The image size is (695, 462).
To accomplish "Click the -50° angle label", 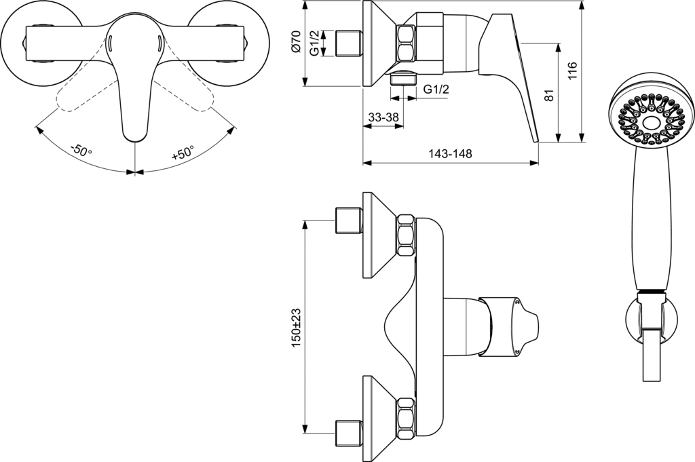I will tap(81, 150).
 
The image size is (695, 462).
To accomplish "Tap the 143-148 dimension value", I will tap(450, 154).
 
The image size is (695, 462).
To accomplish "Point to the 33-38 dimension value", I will tap(383, 117).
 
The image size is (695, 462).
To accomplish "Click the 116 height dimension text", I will tap(571, 71).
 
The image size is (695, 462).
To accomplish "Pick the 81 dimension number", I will tap(550, 96).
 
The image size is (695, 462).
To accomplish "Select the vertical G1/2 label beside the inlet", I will tap(315, 43).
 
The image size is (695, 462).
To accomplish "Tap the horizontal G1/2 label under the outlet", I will tap(436, 89).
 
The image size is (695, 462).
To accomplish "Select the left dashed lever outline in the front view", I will tap(80, 96).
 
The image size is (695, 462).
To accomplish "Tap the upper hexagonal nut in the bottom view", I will tap(406, 235).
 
